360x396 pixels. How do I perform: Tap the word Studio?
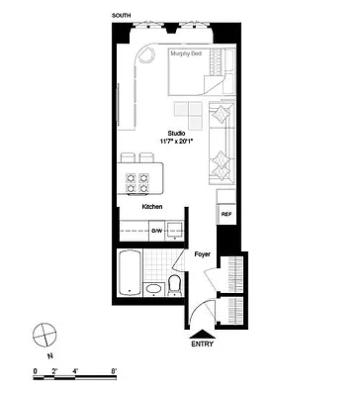point(175,132)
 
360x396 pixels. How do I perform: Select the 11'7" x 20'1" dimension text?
point(175,141)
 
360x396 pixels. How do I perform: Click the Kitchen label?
point(152,207)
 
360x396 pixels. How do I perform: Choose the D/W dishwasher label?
point(155,231)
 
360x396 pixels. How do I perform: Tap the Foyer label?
point(202,254)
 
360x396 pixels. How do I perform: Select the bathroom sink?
point(153,289)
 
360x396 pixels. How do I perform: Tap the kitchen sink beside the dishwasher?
point(178,231)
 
